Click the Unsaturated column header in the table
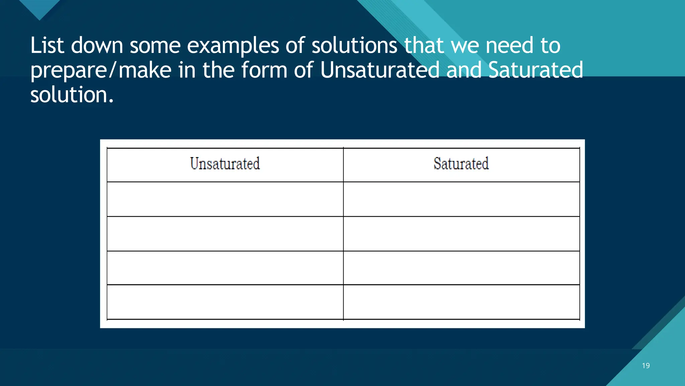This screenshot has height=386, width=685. point(225,164)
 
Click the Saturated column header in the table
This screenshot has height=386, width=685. point(461,164)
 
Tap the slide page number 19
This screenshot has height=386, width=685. point(646,366)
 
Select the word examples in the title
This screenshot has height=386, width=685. point(233,46)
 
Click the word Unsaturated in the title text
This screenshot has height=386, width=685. point(380,70)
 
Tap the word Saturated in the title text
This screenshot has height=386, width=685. point(535,70)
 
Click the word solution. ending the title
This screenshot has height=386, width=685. point(72,95)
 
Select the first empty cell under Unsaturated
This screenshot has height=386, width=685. point(225,199)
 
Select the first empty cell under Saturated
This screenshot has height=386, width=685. point(461,199)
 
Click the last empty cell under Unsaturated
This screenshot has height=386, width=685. point(225,302)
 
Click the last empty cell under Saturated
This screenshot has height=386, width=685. point(461,302)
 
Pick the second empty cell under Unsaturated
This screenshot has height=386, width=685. point(225,234)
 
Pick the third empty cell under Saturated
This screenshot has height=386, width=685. point(461,268)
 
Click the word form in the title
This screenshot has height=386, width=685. point(264,70)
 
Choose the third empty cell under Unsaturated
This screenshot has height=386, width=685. point(225,268)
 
